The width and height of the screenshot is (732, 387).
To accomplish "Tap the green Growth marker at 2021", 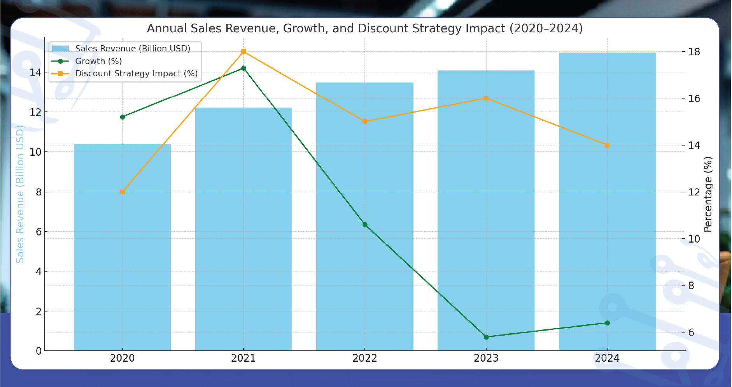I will tap(243, 68).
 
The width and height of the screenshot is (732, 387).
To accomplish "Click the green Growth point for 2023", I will tap(486, 337).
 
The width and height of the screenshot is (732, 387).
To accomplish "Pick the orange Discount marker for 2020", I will tap(123, 192).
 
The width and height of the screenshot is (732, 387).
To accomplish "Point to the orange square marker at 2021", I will tap(243, 51).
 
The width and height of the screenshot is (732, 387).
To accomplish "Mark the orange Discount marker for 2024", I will tap(607, 145).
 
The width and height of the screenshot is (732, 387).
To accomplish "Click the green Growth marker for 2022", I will tap(365, 225).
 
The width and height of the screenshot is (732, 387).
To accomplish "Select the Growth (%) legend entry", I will tap(98, 61).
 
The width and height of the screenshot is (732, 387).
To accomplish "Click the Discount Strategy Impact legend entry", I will tap(136, 74).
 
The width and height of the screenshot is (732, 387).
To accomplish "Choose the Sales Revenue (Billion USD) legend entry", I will tap(132, 49).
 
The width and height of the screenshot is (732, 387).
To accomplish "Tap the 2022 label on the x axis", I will tap(364, 358).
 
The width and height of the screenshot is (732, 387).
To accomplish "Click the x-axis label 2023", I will tap(486, 358).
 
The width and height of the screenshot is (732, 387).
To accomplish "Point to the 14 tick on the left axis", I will tap(35, 73).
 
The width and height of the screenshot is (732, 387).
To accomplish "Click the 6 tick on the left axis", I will tap(39, 232).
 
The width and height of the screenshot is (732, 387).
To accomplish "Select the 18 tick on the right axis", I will tap(694, 52).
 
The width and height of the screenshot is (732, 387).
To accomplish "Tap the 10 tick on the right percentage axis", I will tap(694, 239).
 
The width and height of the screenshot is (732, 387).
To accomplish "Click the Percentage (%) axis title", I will tap(708, 194).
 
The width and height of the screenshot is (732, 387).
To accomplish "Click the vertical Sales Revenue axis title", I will tap(20, 194).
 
